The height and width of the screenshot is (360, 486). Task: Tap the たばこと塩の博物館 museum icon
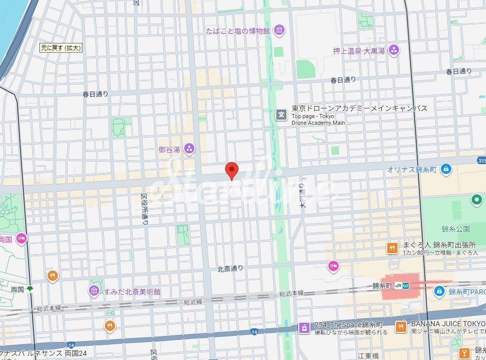[279, 31]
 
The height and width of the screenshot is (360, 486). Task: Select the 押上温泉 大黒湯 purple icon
[393, 50]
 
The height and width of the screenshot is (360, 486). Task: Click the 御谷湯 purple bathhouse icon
[189, 149]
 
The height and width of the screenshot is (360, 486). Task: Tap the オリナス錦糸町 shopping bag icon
[446, 168]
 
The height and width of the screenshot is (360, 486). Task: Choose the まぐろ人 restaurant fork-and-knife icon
[392, 248]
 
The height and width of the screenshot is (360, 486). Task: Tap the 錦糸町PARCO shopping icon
[439, 291]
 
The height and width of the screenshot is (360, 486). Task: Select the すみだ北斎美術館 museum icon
[94, 291]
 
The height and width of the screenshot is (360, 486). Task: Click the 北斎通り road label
[230, 268]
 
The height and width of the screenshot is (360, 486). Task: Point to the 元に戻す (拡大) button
[61, 48]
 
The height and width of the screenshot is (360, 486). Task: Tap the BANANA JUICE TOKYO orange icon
[401, 326]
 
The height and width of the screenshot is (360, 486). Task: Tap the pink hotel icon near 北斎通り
[334, 265]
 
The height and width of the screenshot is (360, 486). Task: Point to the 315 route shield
[481, 161]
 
